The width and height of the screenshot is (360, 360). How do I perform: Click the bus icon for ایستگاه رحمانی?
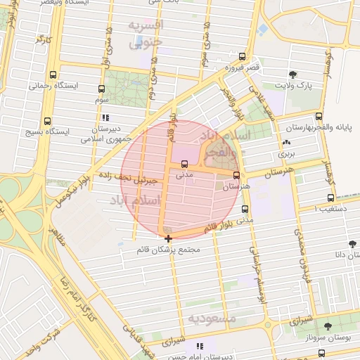pyautogui.click(x=53, y=75)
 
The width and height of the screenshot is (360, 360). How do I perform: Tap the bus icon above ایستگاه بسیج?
pyautogui.click(x=47, y=121)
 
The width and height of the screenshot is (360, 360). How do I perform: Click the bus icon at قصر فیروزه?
pyautogui.click(x=243, y=57)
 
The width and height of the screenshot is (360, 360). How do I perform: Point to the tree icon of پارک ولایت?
pyautogui.click(x=292, y=74)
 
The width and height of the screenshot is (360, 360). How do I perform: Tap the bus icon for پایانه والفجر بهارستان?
pyautogui.click(x=319, y=117)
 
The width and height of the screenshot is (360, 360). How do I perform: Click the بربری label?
pyautogui.click(x=285, y=152)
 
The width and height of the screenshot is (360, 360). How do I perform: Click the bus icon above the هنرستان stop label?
pyautogui.click(x=236, y=176)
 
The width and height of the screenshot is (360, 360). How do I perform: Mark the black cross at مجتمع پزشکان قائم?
pyautogui.click(x=167, y=239)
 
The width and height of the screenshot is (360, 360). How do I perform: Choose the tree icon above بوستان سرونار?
pyautogui.click(x=328, y=326)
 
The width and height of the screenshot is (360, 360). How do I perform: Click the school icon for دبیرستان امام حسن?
pyautogui.click(x=200, y=346)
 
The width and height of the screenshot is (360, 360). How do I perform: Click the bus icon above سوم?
pyautogui.click(x=101, y=89)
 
